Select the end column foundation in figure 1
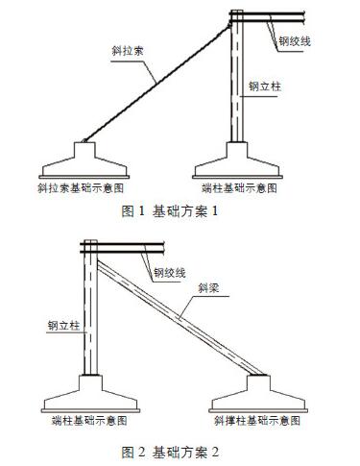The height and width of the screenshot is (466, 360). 235,158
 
